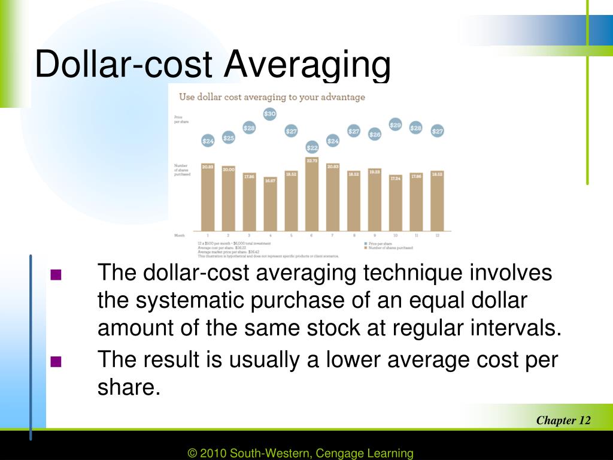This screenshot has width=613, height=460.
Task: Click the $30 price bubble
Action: [270, 114]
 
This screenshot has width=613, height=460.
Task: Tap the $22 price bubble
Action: [312, 147]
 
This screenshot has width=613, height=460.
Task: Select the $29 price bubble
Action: [395, 125]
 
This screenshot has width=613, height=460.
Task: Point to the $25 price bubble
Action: [228, 138]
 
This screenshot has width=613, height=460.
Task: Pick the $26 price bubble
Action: [375, 135]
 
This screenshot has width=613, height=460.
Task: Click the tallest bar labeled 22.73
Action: [312, 195]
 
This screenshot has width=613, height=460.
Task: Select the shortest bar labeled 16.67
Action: [270, 204]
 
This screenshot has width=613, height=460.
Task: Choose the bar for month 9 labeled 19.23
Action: [375, 200]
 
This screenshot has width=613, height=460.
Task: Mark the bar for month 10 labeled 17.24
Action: [395, 203]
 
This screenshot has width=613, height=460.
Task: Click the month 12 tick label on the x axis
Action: [437, 236]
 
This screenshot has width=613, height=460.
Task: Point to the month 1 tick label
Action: [208, 236]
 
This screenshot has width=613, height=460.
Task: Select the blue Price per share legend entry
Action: [380, 243]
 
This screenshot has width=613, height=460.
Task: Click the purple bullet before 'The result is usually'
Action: [56, 361]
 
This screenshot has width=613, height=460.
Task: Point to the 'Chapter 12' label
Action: [563, 420]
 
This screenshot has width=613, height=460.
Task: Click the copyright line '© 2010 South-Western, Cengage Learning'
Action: [301, 453]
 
